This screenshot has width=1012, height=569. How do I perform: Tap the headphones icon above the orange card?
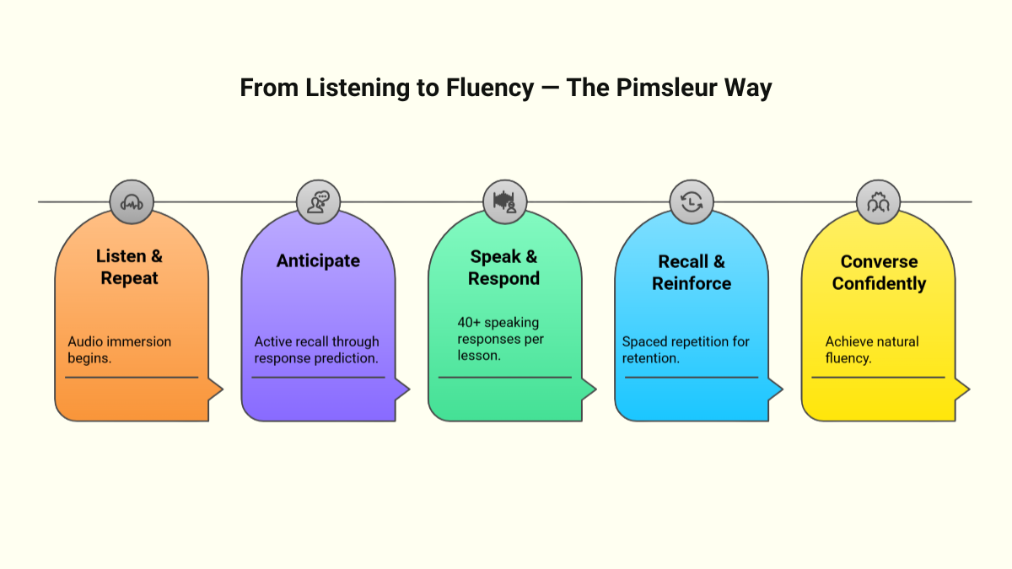pyautogui.click(x=132, y=201)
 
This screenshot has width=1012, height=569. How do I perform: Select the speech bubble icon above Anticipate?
pyautogui.click(x=318, y=201)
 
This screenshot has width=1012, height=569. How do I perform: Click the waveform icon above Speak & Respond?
pyautogui.click(x=504, y=201)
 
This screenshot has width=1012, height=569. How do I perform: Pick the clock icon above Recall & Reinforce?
pyautogui.click(x=692, y=201)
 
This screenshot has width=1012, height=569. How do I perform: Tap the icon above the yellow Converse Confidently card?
pyautogui.click(x=878, y=201)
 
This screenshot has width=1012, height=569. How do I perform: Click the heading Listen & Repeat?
pyautogui.click(x=129, y=266)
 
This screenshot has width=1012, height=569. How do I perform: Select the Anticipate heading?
pyautogui.click(x=318, y=261)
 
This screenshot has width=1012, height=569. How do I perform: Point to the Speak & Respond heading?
pyautogui.click(x=503, y=266)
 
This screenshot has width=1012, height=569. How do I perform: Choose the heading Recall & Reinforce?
pyautogui.click(x=691, y=272)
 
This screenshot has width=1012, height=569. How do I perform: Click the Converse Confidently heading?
pyautogui.click(x=879, y=272)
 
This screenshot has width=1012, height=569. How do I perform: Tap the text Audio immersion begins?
pyautogui.click(x=119, y=350)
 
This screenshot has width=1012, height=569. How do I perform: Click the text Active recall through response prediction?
pyautogui.click(x=316, y=350)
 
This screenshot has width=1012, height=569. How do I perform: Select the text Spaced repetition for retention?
pyautogui.click(x=686, y=350)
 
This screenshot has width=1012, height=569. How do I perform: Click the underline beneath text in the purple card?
pyautogui.click(x=318, y=378)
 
